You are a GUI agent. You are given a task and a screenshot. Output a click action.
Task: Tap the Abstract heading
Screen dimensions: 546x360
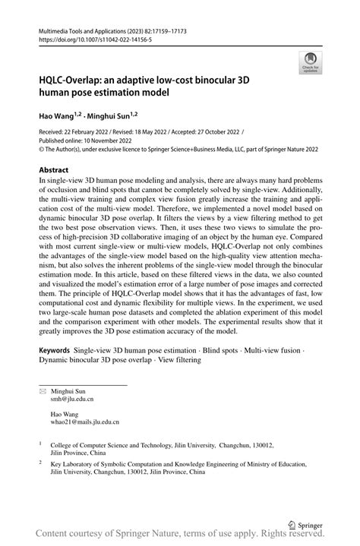53,170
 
